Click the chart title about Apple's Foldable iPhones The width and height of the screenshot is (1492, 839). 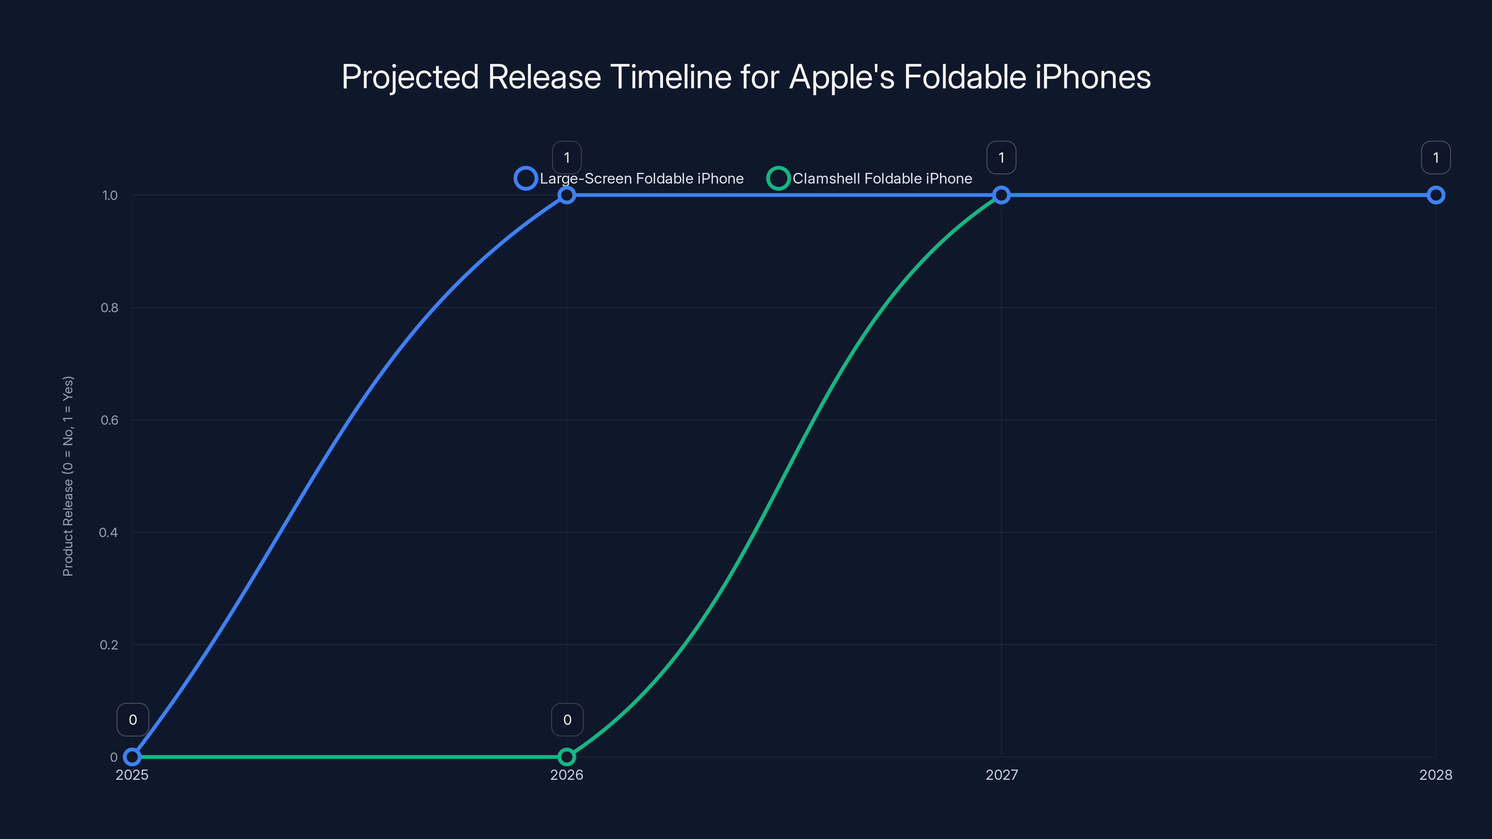(746, 77)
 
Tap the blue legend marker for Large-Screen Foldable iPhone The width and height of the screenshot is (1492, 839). (525, 179)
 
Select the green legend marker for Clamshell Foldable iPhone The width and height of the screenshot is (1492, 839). (778, 179)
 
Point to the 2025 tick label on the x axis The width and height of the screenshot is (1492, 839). (132, 775)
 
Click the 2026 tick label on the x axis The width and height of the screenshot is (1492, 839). (566, 775)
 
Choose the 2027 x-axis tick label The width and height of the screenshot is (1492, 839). (1002, 775)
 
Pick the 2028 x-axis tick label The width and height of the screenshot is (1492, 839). (1435, 775)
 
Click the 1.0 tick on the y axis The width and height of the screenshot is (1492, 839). (110, 195)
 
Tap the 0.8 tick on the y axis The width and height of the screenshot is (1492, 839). (110, 308)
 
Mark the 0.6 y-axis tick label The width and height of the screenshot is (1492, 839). (110, 420)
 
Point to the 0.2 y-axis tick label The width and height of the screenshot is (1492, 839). (109, 645)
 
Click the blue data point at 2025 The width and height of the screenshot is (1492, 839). (132, 757)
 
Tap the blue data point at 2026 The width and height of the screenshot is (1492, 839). (566, 195)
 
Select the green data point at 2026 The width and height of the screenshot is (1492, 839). (566, 757)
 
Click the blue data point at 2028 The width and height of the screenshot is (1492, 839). (1435, 195)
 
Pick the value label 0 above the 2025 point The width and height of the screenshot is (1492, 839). (132, 720)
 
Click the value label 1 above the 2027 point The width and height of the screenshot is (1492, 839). (1002, 158)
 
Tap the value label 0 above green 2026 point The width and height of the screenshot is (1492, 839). (567, 720)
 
